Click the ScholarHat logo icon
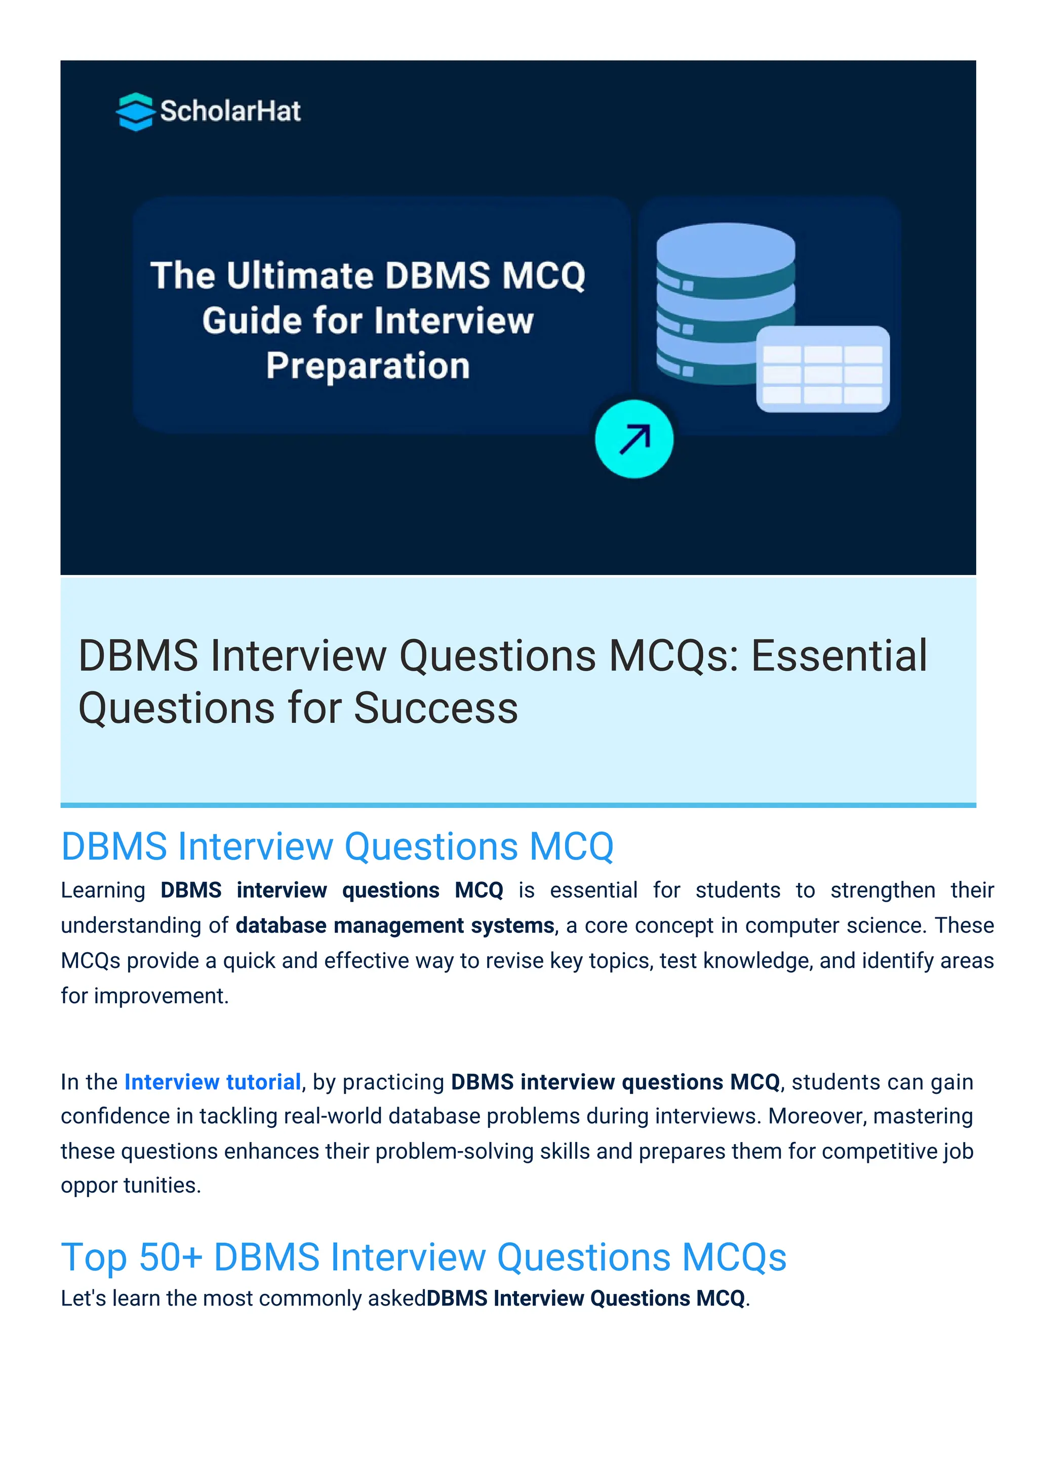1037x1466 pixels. [135, 112]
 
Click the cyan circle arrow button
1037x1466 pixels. [633, 439]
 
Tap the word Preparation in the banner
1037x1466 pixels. [368, 366]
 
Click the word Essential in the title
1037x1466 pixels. [839, 656]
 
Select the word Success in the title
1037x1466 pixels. [435, 708]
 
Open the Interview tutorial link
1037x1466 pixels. [212, 1082]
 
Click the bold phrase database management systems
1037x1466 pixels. [394, 925]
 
